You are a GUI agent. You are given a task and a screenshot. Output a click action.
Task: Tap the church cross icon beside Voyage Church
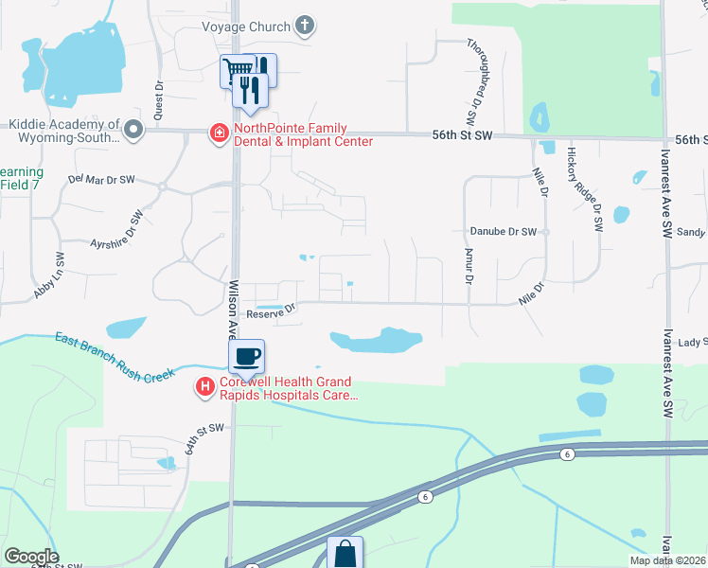(x=305, y=26)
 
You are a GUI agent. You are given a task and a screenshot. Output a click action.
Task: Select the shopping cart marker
(x=239, y=69)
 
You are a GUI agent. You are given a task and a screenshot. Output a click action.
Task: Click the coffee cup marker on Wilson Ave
(x=247, y=357)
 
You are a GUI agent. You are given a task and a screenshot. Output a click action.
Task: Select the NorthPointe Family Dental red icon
(x=220, y=133)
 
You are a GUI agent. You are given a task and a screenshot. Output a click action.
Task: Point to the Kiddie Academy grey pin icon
(x=133, y=130)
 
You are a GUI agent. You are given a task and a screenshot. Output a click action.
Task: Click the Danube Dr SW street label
(x=503, y=231)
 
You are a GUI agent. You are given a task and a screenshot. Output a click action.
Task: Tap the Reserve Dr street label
(x=271, y=310)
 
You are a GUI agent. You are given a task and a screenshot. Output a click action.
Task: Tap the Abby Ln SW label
(x=48, y=275)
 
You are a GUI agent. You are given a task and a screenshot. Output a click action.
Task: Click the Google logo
(x=31, y=557)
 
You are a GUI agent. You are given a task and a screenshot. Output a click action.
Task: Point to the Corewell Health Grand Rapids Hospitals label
(x=289, y=389)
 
